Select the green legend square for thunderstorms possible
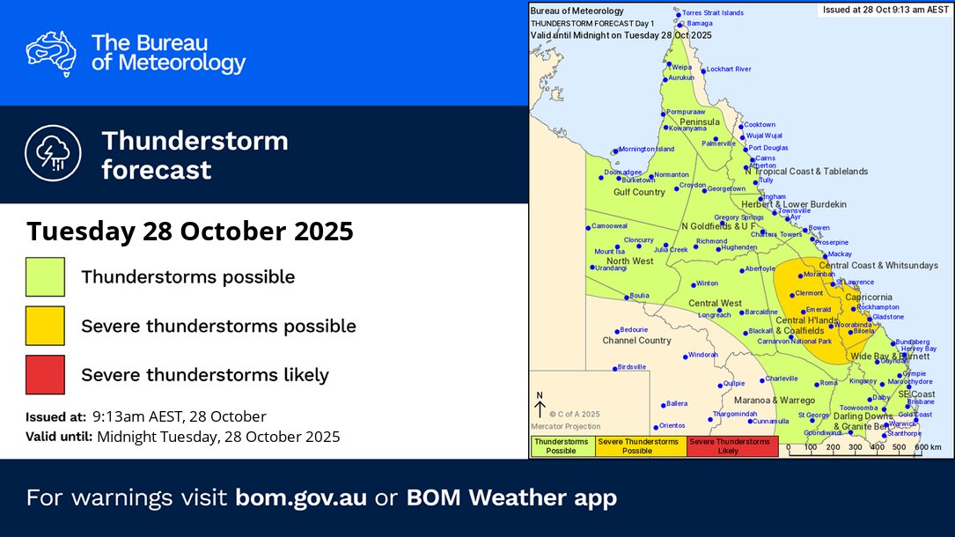pos(45,276)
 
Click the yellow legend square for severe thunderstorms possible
pos(45,326)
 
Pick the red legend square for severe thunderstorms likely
pos(45,374)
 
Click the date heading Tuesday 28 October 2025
pos(189,232)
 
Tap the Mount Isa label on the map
pos(608,252)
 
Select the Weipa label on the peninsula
pos(682,66)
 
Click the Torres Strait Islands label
pos(714,13)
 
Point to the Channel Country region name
pos(636,341)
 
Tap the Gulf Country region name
pos(639,192)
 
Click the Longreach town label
pos(714,315)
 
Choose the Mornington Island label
pos(646,150)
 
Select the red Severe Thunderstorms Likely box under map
pos(731,446)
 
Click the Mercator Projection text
pos(565,426)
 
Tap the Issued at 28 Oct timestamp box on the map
pos(884,11)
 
